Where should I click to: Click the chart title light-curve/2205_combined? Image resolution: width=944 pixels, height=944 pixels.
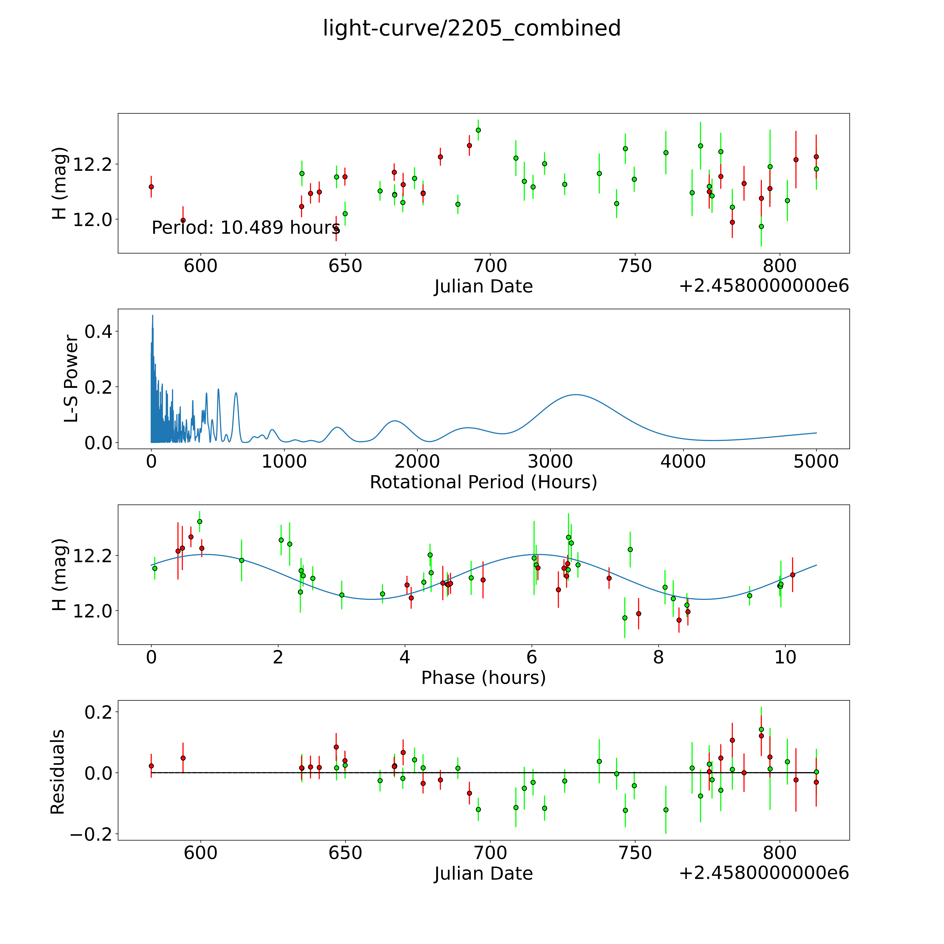pyautogui.click(x=471, y=28)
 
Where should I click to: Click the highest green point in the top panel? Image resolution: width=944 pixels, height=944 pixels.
pyautogui.click(x=478, y=130)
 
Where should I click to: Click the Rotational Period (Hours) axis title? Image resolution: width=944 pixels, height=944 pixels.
pyautogui.click(x=483, y=482)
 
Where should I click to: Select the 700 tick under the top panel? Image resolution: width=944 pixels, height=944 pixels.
pyautogui.click(x=490, y=266)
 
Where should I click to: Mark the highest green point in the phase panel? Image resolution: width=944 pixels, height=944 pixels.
pyautogui.click(x=199, y=521)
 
